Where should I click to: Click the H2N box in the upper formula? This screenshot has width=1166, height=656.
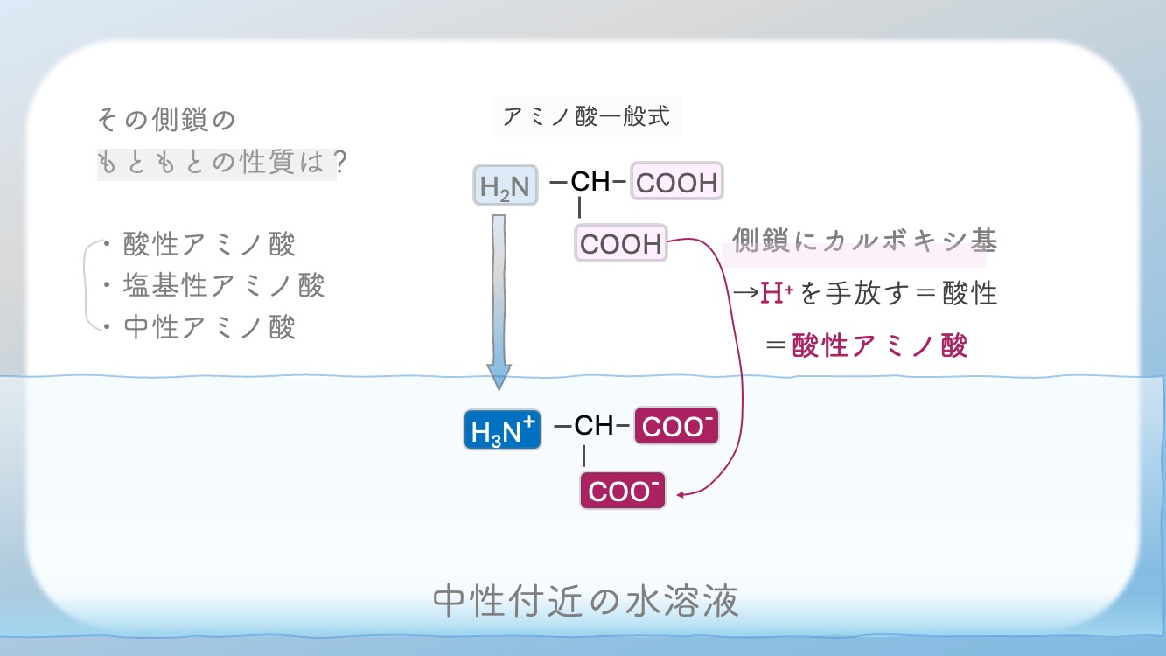(505, 185)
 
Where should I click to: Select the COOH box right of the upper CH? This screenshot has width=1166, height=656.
(677, 184)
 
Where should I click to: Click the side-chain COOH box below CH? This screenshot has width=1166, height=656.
(621, 244)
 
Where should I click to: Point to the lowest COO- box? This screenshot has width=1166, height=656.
(622, 491)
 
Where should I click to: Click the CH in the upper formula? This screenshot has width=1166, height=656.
(590, 183)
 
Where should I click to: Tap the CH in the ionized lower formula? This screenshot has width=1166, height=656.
(594, 427)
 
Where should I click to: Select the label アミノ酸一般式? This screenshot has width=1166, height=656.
(587, 116)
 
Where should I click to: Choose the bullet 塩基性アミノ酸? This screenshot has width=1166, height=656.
(224, 285)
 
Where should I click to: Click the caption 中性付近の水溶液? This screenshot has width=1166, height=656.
(586, 601)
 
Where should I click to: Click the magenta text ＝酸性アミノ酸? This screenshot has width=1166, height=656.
(866, 345)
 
